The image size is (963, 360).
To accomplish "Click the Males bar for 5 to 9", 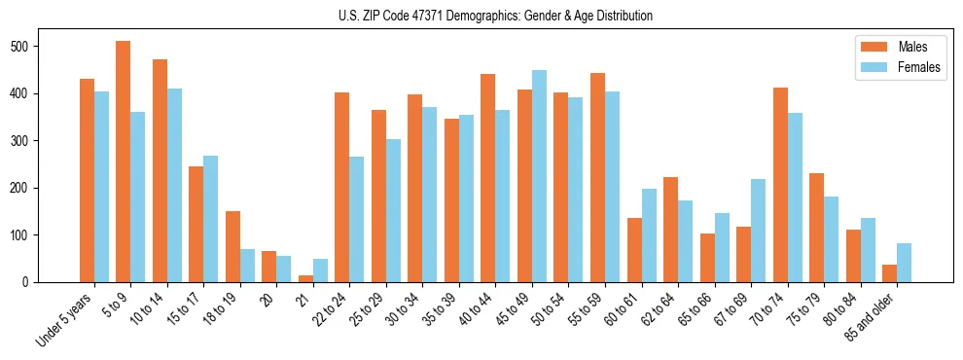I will tap(124, 162).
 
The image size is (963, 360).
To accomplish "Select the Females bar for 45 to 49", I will tap(540, 176).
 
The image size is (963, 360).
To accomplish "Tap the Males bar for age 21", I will tap(305, 278).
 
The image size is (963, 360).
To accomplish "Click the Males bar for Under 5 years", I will tap(87, 181).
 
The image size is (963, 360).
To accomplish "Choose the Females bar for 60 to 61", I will tap(649, 235).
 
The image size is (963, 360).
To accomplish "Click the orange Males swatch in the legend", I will tap(871, 47).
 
